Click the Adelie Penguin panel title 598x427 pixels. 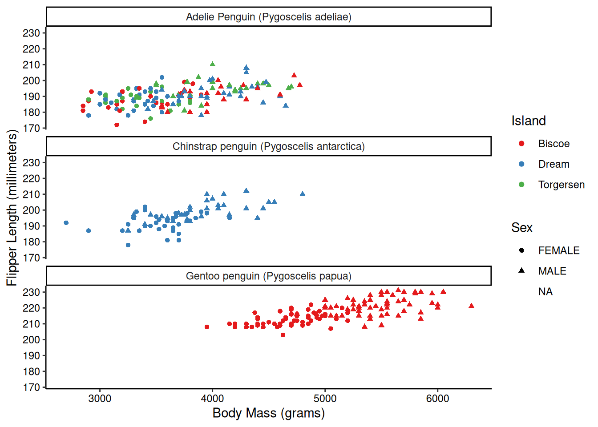[268, 17]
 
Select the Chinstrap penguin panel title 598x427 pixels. [268, 146]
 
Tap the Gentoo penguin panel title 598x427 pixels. [268, 276]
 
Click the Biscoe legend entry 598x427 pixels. [554, 144]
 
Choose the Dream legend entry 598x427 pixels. [554, 164]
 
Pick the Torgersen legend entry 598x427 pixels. [561, 185]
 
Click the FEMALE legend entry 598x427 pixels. [558, 250]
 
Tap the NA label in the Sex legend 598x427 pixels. [545, 291]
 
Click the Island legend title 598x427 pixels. [528, 121]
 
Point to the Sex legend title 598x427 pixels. [521, 227]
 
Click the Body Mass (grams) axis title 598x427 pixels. [268, 413]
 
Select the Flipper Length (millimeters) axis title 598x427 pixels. [12, 207]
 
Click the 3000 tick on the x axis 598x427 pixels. [100, 398]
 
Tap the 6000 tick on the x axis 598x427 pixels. [437, 398]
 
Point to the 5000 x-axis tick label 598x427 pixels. [325, 398]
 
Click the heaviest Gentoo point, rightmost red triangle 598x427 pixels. [472, 306]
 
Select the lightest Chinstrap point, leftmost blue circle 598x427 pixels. [66, 223]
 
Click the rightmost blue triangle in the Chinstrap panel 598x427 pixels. [303, 194]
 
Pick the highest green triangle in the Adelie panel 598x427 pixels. [212, 64]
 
